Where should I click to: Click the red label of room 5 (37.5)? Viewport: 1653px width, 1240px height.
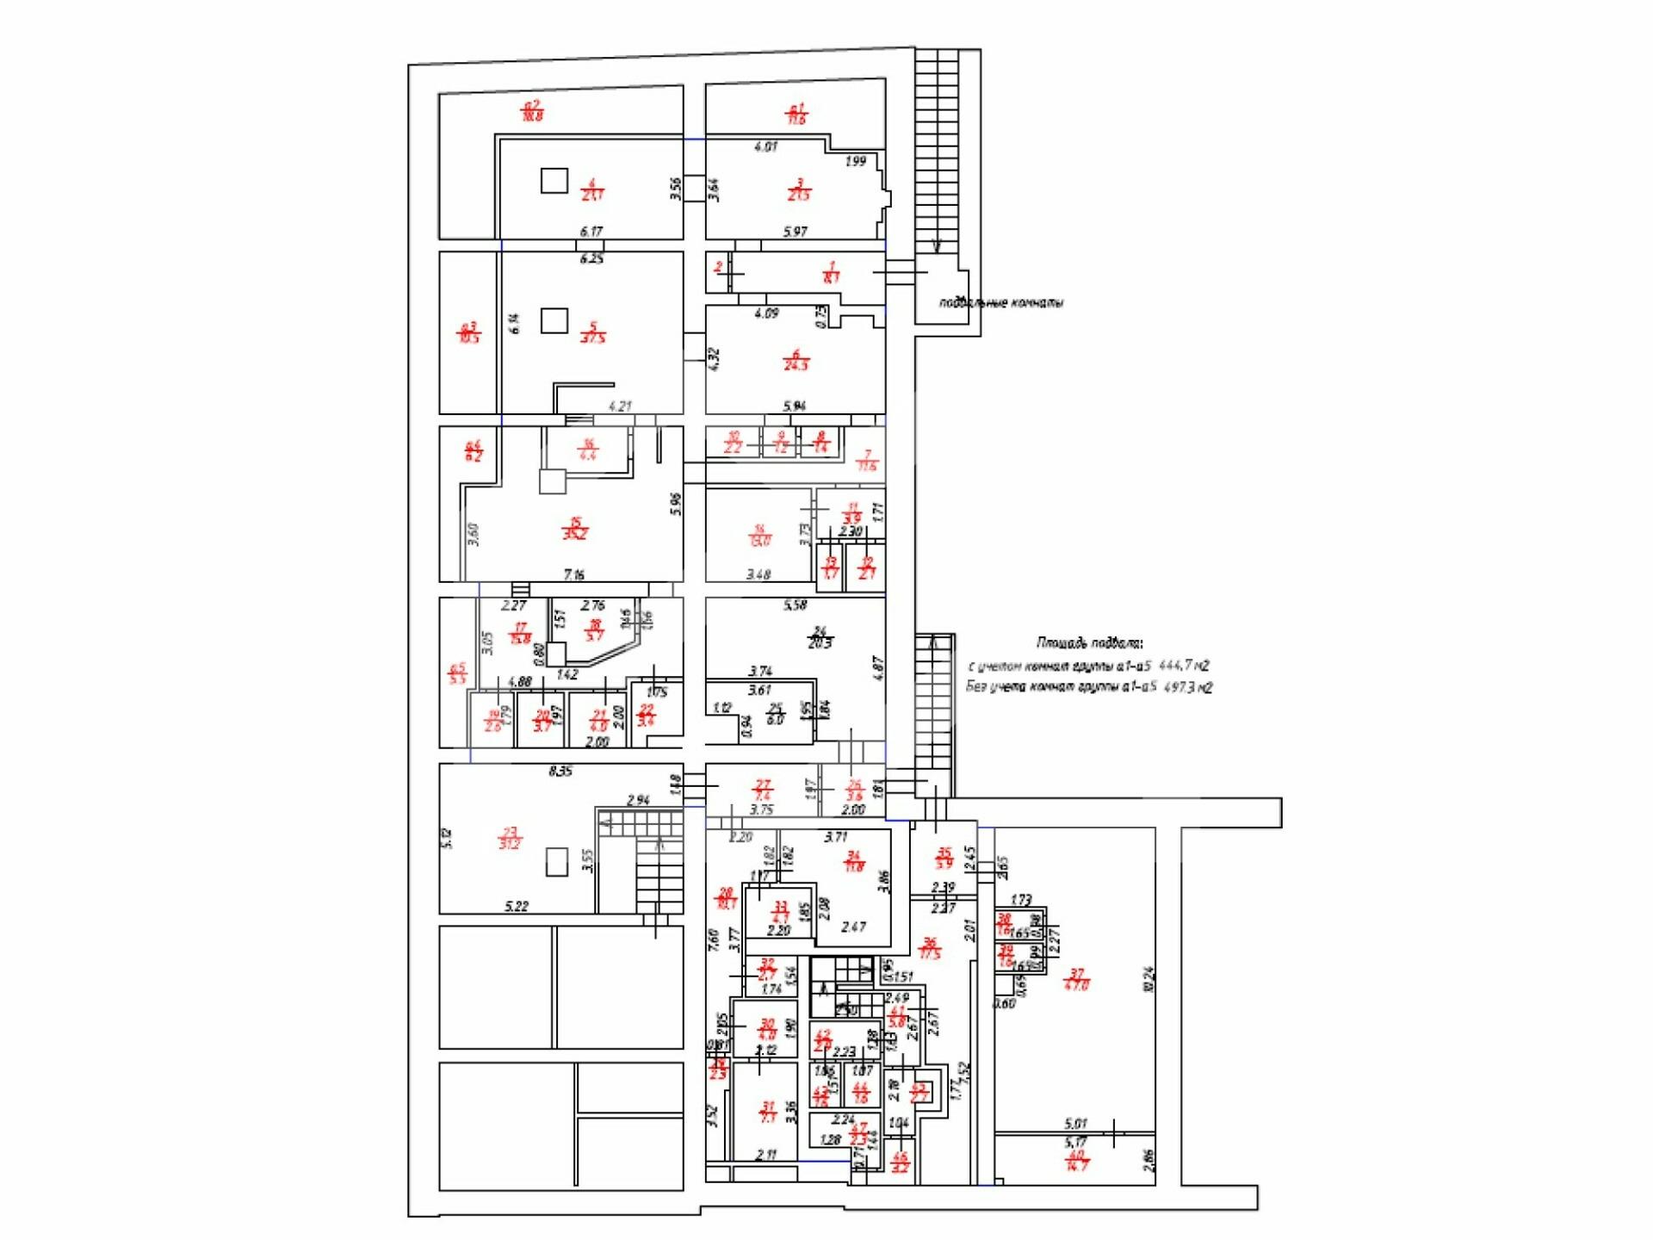(x=592, y=332)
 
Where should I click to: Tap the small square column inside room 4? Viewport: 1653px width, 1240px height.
(x=554, y=180)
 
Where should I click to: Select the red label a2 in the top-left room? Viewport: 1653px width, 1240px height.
(x=533, y=110)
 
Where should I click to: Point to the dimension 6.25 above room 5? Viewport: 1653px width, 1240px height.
(x=591, y=258)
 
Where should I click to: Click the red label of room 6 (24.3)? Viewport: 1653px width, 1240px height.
(x=796, y=360)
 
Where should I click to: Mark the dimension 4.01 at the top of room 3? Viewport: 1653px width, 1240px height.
(x=765, y=146)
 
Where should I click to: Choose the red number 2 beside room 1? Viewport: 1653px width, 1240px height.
(x=718, y=268)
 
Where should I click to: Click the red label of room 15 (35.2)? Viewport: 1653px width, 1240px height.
(x=575, y=528)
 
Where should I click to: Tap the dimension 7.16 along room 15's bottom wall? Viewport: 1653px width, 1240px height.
(x=573, y=574)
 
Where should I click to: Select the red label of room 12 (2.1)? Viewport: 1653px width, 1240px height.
(x=867, y=568)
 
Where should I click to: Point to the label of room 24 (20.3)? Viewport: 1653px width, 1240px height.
(x=820, y=638)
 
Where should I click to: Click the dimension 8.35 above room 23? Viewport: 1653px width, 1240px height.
(x=560, y=772)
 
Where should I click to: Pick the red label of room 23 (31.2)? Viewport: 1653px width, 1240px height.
(x=510, y=838)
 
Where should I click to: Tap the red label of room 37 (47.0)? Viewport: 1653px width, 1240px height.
(x=1076, y=979)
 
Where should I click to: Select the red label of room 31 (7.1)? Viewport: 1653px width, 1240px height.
(x=768, y=1112)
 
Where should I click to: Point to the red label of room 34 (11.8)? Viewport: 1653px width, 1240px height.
(x=853, y=861)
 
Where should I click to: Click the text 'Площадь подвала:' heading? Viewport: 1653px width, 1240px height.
(x=1089, y=643)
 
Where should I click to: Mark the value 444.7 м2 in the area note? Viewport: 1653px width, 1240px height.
(x=1185, y=666)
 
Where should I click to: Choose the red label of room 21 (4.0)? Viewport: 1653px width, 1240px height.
(x=598, y=721)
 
